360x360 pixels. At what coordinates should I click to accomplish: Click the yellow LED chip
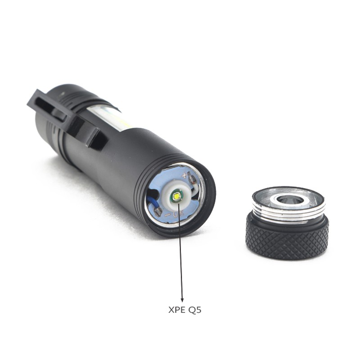177,197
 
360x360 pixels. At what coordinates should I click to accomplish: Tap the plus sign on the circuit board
184,175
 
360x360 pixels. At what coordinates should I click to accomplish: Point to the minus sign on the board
168,215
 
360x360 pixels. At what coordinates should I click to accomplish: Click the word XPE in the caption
177,310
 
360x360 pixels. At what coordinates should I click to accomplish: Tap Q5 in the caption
195,310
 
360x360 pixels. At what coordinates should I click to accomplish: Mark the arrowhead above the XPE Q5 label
182,299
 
